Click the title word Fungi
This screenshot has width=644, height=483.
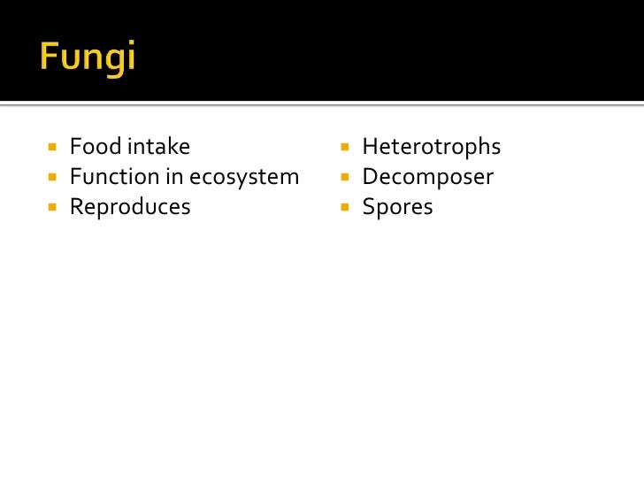(88, 58)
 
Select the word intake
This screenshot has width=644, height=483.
(158, 147)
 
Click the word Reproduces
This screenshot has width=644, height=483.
(130, 207)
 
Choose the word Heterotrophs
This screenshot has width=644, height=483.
(432, 147)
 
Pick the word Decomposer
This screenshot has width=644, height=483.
(428, 177)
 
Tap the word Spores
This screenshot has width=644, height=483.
(398, 207)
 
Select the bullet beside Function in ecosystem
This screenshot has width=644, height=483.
(52, 177)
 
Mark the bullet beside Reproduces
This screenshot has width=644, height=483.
(52, 207)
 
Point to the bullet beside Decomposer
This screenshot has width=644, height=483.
(345, 177)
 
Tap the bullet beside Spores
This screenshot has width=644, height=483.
(345, 207)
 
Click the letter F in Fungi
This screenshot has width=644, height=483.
(49, 57)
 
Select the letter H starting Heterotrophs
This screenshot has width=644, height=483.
(370, 147)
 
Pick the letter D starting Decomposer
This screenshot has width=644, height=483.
(370, 177)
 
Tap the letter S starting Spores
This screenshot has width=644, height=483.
(368, 207)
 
